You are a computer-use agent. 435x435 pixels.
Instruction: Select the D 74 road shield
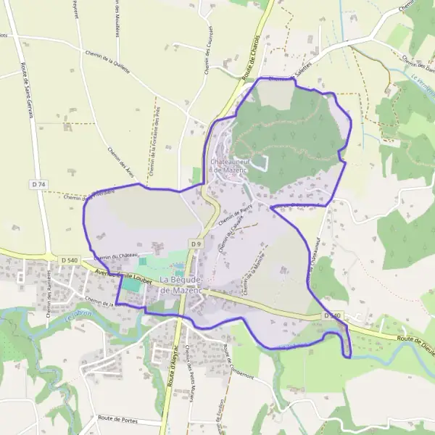click(x=38, y=185)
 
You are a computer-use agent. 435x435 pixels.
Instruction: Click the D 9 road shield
click(x=196, y=244)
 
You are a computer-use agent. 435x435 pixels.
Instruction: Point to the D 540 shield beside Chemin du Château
click(x=69, y=260)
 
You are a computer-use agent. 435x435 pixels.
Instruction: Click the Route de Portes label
click(x=119, y=419)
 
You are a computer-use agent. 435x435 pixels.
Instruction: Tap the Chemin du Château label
click(x=115, y=257)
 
